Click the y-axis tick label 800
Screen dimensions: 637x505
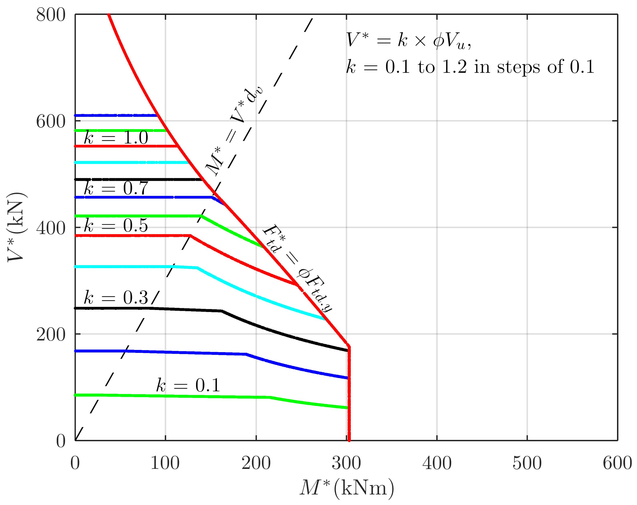[50, 15]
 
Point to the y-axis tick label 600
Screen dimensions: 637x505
[50, 122]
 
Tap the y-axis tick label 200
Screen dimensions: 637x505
[50, 335]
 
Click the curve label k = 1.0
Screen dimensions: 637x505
[116, 137]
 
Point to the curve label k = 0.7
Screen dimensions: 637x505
[116, 188]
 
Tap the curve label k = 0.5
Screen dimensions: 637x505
[116, 226]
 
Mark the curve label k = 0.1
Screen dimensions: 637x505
[188, 385]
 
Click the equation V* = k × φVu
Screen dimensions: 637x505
[409, 40]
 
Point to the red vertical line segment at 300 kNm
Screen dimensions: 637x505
[349, 393]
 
